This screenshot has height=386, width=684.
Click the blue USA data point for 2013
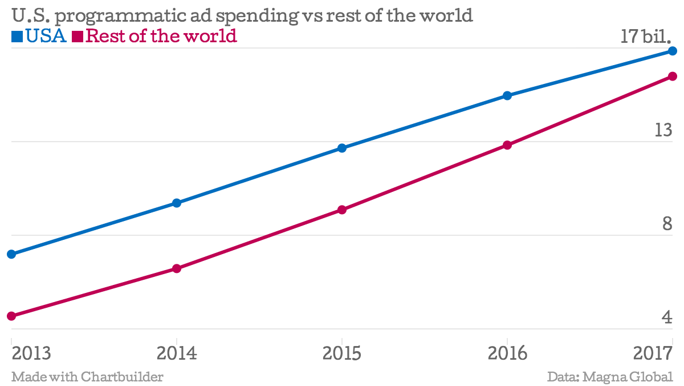click(11, 254)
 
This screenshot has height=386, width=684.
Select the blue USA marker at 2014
click(177, 203)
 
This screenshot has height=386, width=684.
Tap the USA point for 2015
click(342, 148)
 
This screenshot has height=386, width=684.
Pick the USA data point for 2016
click(507, 95)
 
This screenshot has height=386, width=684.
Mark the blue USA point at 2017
click(673, 51)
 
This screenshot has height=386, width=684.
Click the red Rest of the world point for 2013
click(11, 316)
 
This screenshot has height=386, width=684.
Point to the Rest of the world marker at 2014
click(177, 268)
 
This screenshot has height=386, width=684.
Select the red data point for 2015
click(342, 210)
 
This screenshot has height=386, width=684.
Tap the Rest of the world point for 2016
click(507, 145)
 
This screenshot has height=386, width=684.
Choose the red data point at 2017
click(673, 77)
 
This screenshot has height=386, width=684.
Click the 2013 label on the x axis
click(31, 353)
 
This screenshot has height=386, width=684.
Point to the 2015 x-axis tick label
click(342, 353)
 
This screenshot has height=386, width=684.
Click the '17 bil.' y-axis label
click(646, 37)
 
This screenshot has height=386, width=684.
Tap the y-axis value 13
click(663, 130)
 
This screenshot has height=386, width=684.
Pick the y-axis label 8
click(667, 224)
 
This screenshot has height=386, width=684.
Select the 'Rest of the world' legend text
click(162, 37)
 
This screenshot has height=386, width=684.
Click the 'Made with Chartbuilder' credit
click(87, 377)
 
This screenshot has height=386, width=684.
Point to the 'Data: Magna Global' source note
click(610, 377)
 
